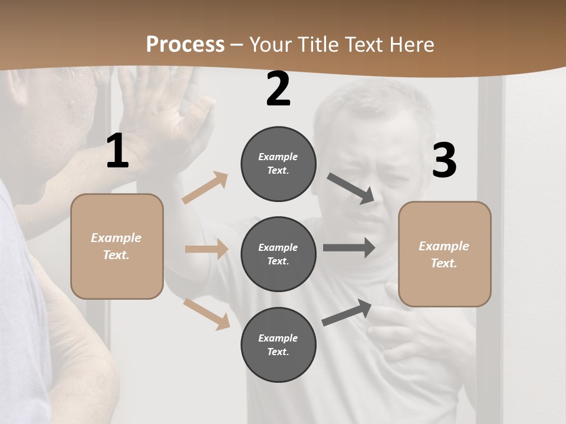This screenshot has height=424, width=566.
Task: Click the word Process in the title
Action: coord(185,45)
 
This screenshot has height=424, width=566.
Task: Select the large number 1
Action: coord(117,151)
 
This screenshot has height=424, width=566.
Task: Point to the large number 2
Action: coord(278,89)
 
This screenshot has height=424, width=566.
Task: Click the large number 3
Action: coord(444,161)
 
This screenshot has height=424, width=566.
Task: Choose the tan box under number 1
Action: coord(117,246)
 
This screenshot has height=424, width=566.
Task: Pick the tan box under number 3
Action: coord(445,254)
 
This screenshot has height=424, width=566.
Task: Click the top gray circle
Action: coord(278,164)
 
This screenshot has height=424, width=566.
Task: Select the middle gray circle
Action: coord(278,254)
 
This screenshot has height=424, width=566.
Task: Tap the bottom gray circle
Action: coord(278,344)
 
